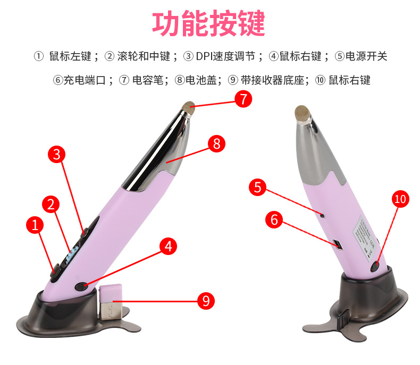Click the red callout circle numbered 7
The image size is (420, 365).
pos(243,99)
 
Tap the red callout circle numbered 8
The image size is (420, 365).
pos(217,143)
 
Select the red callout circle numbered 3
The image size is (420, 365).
pos(56,154)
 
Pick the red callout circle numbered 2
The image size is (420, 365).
pos(51,205)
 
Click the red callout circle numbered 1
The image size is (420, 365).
pos(35,225)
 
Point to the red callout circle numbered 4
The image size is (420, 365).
pos(168,246)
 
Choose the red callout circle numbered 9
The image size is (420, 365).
pos(206,301)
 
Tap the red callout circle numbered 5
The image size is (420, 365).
pos(257,187)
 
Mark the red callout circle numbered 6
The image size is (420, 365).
pos(274,219)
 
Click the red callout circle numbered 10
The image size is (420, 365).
pos(400,199)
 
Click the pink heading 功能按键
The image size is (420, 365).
pos(208,23)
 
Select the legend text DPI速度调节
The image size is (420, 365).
pos(225,56)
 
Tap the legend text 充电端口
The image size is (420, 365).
pos(85,80)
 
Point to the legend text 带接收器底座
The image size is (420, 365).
pos(272,80)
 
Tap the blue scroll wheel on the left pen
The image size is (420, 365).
pos(72,253)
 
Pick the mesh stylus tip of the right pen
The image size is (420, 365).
pos(303,113)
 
